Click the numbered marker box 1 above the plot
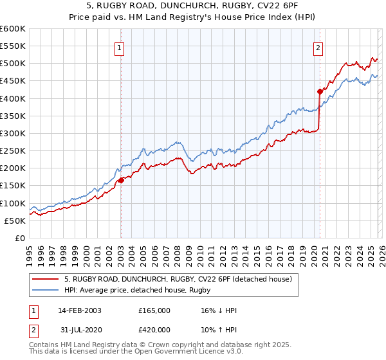[x=120, y=47]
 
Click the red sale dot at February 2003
[x=121, y=181]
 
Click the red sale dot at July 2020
[x=320, y=91]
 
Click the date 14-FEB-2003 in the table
[x=80, y=310]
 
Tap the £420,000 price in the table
[x=154, y=330]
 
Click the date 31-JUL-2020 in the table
[x=80, y=330]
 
